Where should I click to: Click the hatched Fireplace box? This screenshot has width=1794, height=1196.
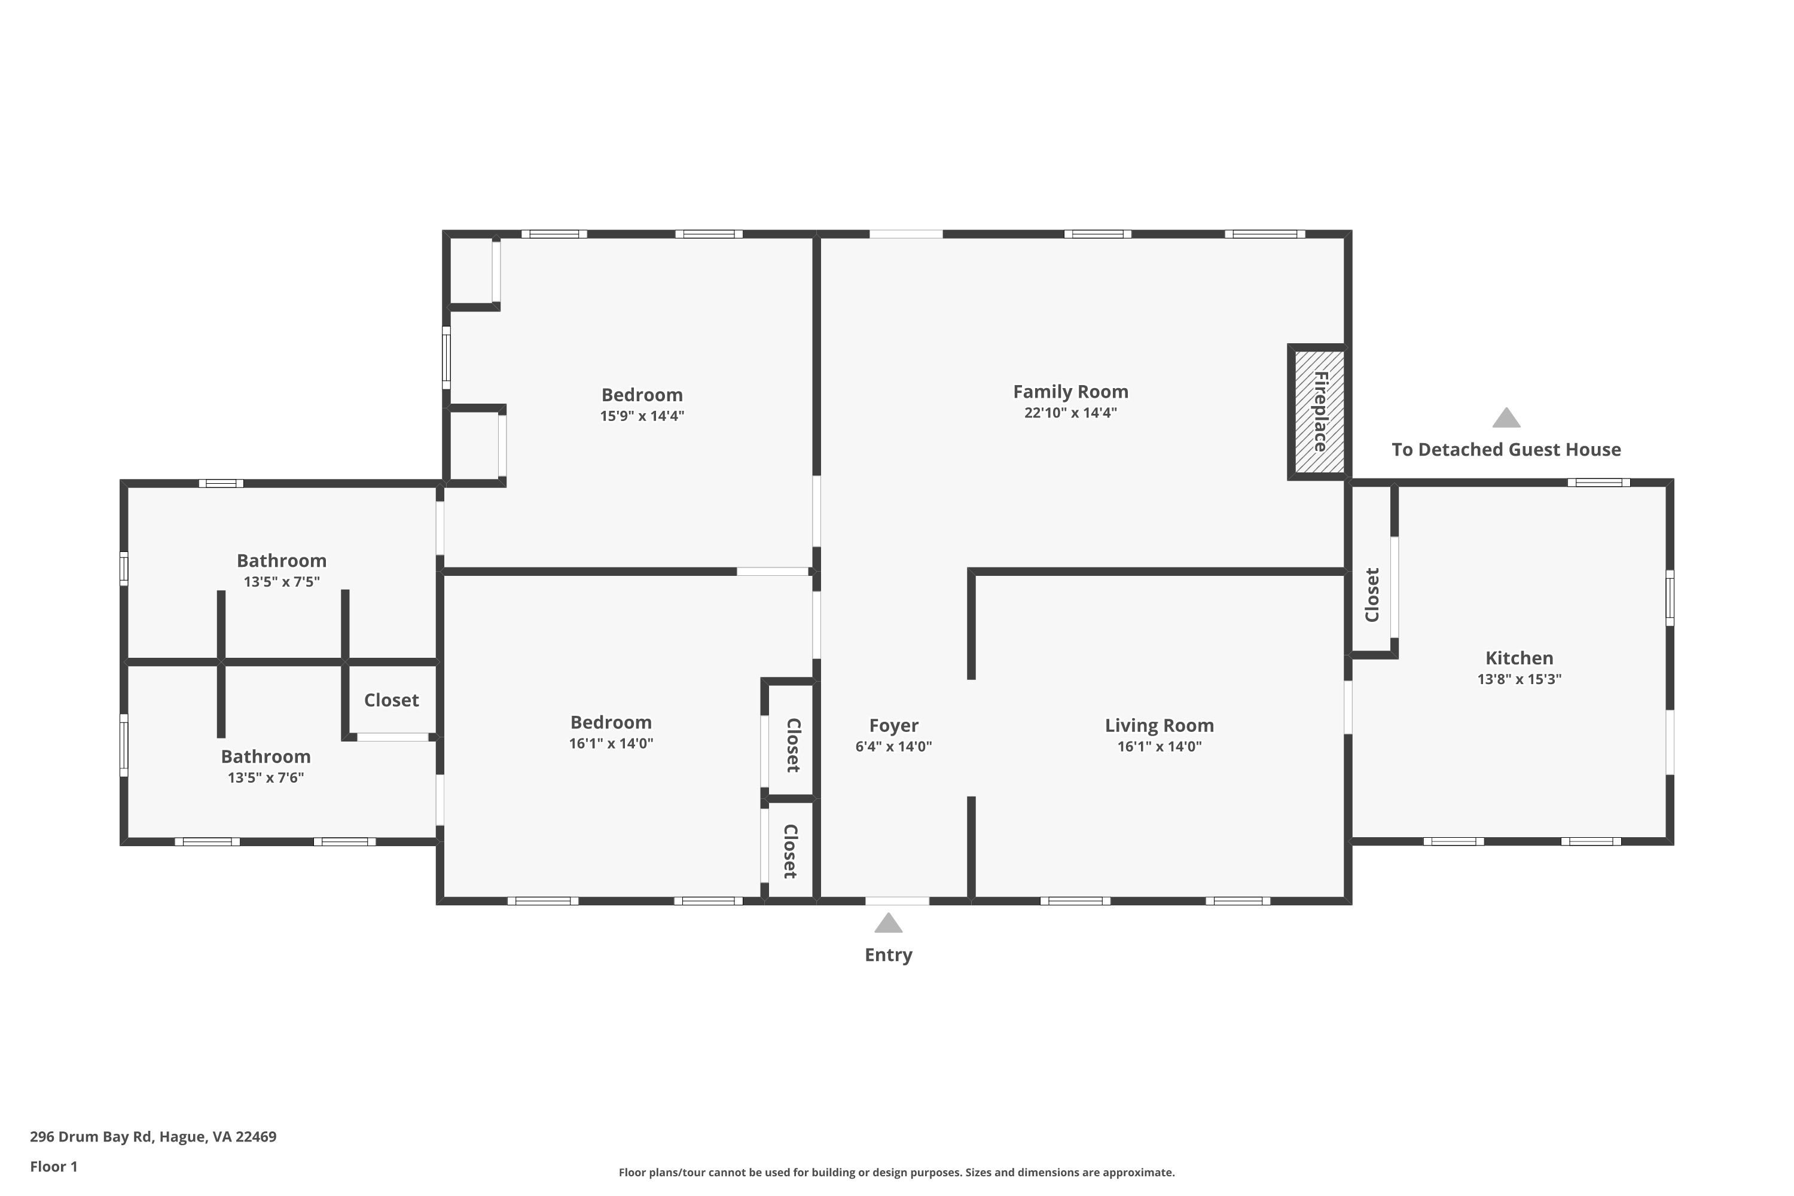[1319, 412]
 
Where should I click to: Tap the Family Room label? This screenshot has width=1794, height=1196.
[1070, 392]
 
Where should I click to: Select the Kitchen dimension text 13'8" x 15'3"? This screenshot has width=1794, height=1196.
[1519, 679]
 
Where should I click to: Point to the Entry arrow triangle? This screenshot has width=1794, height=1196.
[888, 923]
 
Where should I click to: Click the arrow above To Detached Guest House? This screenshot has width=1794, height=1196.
[1506, 417]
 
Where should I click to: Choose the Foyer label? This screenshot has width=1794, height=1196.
[893, 725]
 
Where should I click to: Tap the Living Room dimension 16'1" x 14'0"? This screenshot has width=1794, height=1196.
[1159, 747]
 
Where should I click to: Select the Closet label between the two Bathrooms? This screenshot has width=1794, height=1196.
[391, 700]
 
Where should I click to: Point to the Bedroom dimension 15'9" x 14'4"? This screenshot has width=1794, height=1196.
[642, 416]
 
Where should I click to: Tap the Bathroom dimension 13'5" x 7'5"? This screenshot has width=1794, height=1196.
[282, 582]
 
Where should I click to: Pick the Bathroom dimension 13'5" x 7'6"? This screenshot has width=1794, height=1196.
[266, 778]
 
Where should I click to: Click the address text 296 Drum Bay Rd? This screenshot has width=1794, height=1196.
[91, 1137]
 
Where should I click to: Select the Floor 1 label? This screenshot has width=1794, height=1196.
[53, 1166]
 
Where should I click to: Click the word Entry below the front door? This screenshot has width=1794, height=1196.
[888, 955]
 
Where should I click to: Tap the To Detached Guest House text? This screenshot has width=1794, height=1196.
[1506, 449]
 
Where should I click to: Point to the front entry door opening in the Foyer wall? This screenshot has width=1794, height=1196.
[897, 901]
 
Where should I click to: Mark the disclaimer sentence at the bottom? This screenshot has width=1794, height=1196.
[896, 1172]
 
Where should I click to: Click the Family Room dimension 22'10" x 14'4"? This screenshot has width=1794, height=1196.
[1070, 413]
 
